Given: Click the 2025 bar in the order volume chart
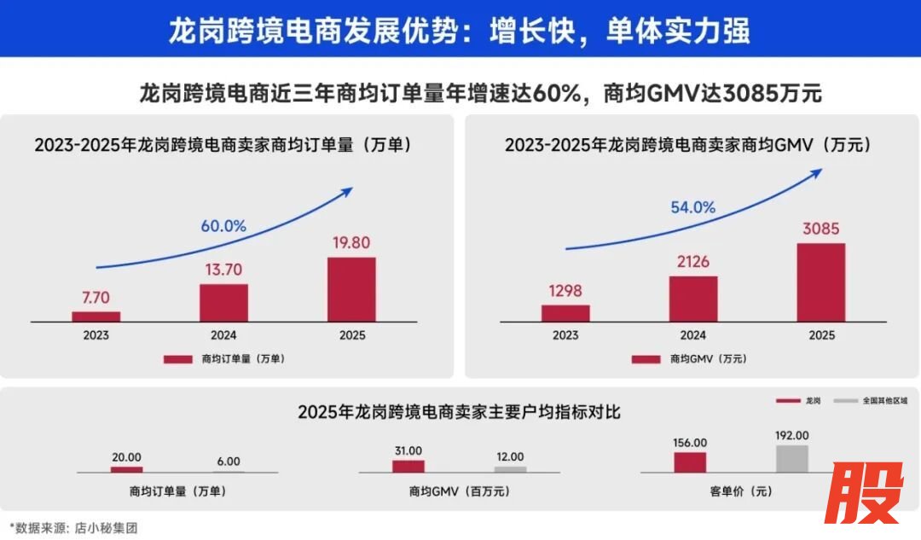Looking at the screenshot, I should [x=351, y=289].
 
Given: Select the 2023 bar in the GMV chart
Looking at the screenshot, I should [x=565, y=313].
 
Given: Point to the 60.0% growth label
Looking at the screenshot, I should [x=223, y=226].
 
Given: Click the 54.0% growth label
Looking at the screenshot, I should [x=692, y=207].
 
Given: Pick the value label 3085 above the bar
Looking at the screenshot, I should [x=820, y=229].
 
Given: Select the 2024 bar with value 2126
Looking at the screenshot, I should [x=692, y=299].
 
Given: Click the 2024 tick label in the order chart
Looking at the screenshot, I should [x=223, y=335].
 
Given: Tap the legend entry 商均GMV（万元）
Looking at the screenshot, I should [x=688, y=359].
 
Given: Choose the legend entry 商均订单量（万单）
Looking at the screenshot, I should [x=224, y=359].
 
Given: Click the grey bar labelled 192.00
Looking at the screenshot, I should [x=791, y=459].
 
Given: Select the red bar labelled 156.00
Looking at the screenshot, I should [x=690, y=462].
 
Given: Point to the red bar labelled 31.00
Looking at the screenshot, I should [x=408, y=466].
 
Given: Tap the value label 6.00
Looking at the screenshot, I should [x=229, y=461].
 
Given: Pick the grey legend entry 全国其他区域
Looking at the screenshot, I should [x=870, y=400].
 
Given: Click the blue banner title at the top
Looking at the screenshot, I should [x=460, y=31].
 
